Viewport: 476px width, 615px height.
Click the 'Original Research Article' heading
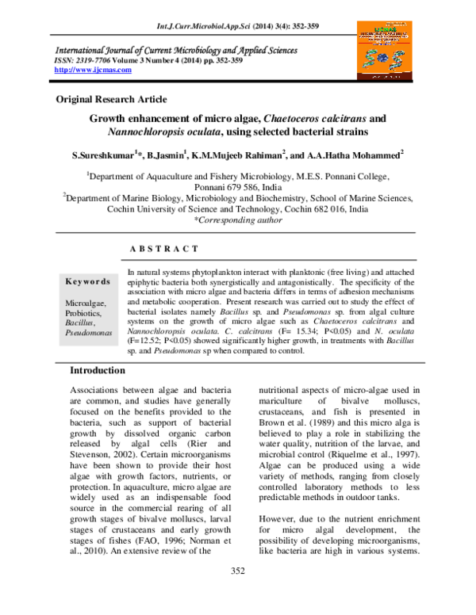coord(111,99)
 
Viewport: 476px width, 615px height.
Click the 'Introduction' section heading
coord(120,371)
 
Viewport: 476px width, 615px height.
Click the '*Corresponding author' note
coord(238,221)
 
